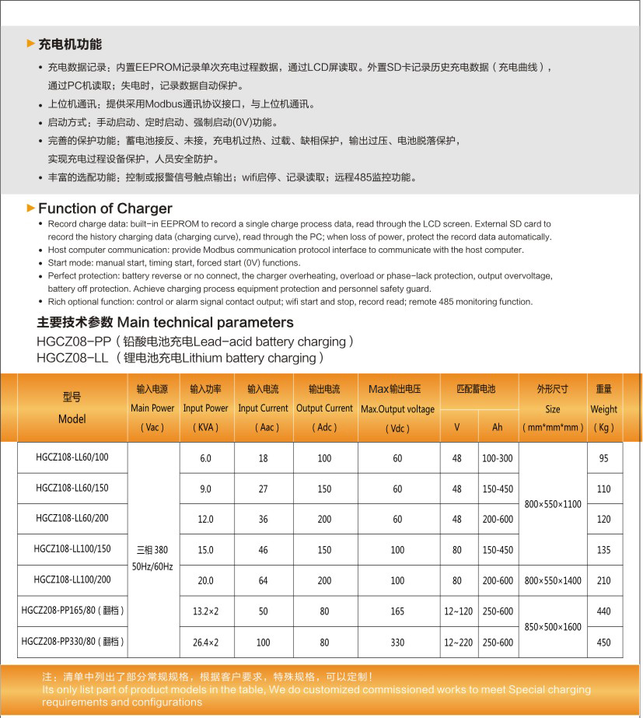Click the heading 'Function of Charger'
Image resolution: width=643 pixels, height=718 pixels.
[x=105, y=208]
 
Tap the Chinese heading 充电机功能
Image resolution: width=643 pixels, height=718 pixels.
[x=70, y=44]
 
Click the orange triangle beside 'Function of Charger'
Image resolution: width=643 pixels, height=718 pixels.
[x=31, y=208]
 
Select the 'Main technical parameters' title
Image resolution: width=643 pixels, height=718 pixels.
[x=165, y=322]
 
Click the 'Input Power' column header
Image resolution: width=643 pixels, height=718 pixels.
[x=205, y=408]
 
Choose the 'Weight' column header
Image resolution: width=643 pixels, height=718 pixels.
[x=603, y=408]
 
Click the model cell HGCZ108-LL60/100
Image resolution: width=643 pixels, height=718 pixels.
[x=72, y=457]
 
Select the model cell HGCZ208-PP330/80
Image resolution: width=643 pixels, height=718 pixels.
[x=72, y=642]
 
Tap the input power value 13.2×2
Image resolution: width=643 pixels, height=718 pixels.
[x=205, y=611]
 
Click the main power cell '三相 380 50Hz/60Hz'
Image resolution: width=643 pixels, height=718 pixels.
[x=152, y=558]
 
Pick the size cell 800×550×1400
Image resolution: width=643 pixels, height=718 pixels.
[x=553, y=580]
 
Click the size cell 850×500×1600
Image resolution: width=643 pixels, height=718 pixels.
[x=553, y=626]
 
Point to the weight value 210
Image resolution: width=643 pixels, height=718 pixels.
[x=603, y=580]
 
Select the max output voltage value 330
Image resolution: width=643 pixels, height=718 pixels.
[x=397, y=643]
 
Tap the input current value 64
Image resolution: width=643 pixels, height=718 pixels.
[x=263, y=580]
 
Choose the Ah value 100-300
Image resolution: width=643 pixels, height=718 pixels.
[x=497, y=458]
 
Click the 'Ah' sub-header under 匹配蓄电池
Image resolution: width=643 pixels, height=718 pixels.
[x=497, y=427]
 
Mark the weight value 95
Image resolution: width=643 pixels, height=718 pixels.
[x=603, y=458]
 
